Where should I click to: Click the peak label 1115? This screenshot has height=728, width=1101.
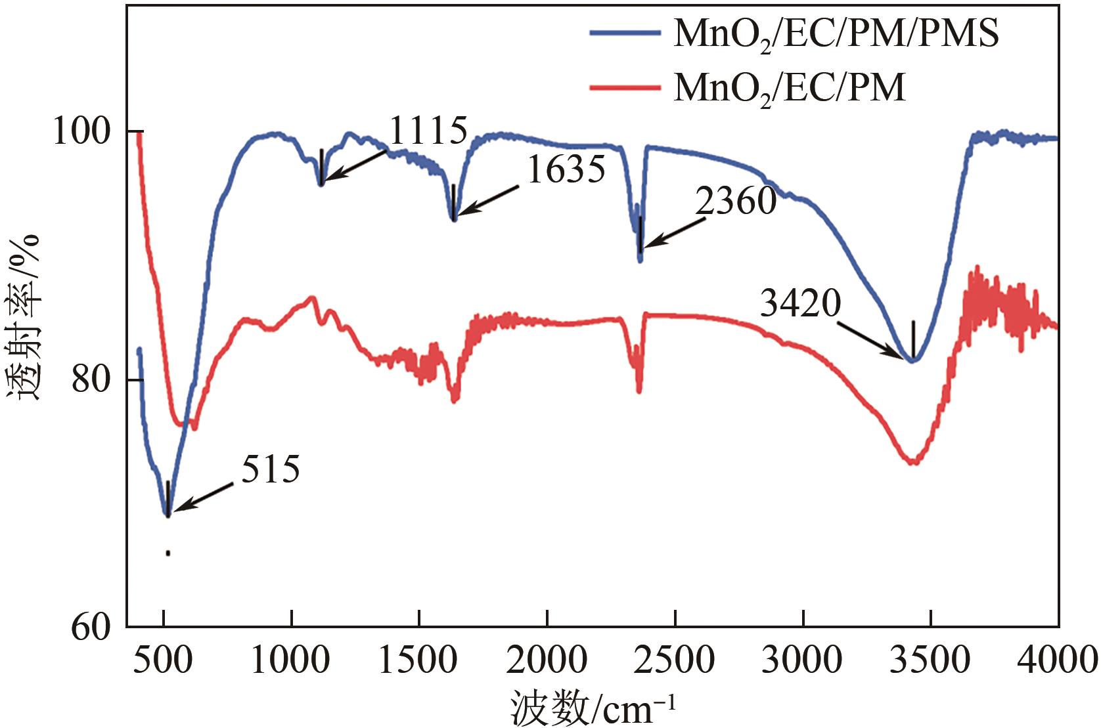click(428, 131)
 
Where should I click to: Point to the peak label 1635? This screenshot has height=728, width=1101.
click(566, 170)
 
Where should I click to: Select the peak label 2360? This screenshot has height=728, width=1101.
click(736, 201)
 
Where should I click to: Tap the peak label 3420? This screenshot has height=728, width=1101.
click(800, 303)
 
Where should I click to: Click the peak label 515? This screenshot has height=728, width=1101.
click(271, 469)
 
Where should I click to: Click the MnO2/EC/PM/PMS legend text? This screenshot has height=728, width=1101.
click(836, 33)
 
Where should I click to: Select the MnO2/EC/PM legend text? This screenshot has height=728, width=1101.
click(790, 87)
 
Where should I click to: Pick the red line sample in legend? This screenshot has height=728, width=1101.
click(624, 87)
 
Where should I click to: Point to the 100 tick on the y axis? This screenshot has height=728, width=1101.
click(80, 131)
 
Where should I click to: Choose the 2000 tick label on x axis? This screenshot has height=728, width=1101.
click(547, 659)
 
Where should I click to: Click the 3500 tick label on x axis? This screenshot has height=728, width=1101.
click(930, 659)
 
